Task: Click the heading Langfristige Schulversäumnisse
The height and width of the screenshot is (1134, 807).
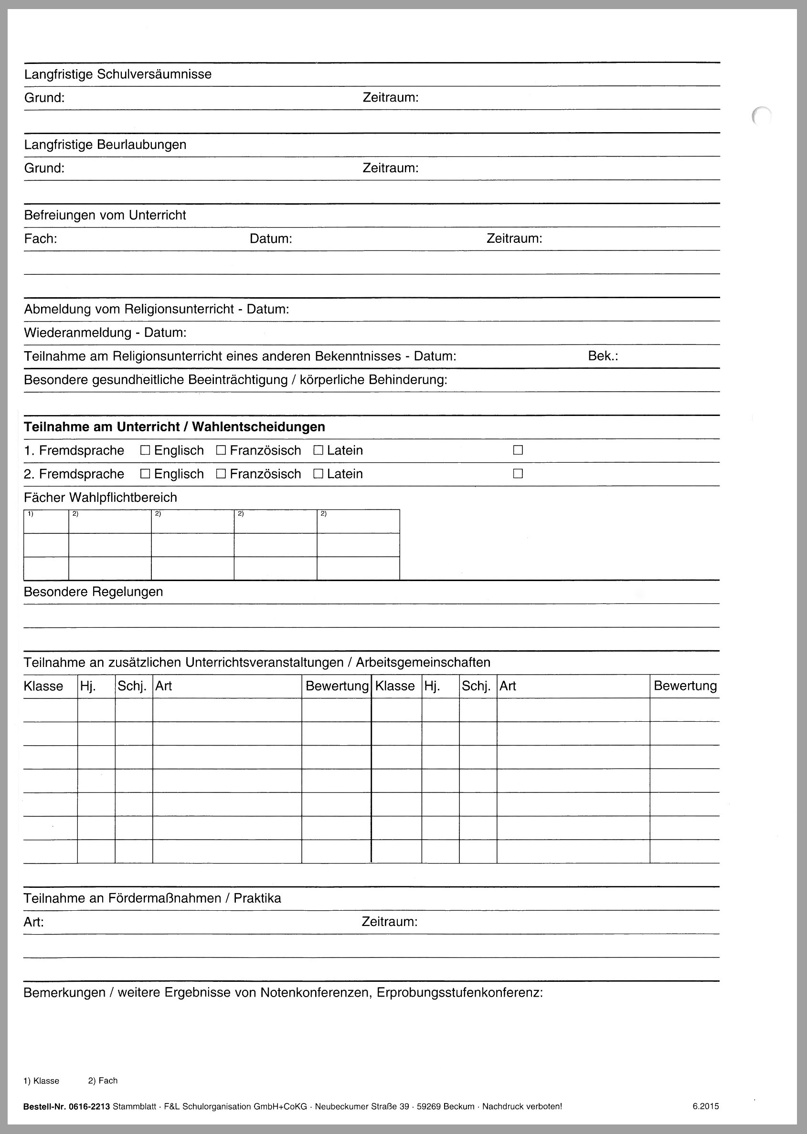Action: pyautogui.click(x=118, y=74)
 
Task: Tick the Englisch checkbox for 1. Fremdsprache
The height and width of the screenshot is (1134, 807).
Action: pyautogui.click(x=145, y=450)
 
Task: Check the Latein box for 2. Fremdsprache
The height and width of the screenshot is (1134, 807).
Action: pyautogui.click(x=319, y=474)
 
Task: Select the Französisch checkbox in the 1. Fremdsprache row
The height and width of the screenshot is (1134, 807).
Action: pyautogui.click(x=221, y=450)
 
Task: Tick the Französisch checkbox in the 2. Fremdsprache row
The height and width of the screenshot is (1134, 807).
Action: pyautogui.click(x=221, y=474)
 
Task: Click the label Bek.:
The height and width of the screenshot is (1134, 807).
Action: pyautogui.click(x=603, y=356)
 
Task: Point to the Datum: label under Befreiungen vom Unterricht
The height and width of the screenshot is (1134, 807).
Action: pyautogui.click(x=271, y=239)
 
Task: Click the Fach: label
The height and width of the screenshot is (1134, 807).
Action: pyautogui.click(x=41, y=239)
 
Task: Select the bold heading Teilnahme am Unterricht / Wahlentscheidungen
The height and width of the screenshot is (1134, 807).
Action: pyautogui.click(x=174, y=427)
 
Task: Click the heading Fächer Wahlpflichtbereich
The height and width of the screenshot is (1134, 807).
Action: pyautogui.click(x=100, y=498)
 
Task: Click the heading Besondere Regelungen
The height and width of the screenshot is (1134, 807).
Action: pyautogui.click(x=94, y=592)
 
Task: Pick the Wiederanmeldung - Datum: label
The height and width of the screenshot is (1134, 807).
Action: pyautogui.click(x=106, y=333)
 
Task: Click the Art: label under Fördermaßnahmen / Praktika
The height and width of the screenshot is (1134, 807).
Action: pyautogui.click(x=34, y=922)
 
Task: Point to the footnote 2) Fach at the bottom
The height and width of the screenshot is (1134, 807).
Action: pyautogui.click(x=103, y=1081)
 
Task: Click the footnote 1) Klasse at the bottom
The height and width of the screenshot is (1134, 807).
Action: pyautogui.click(x=41, y=1081)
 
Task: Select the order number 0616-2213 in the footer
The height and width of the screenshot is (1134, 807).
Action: pyautogui.click(x=89, y=1106)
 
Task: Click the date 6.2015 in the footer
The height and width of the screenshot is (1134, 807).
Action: pyautogui.click(x=706, y=1106)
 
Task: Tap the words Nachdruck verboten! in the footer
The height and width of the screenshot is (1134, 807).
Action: pyautogui.click(x=522, y=1106)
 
